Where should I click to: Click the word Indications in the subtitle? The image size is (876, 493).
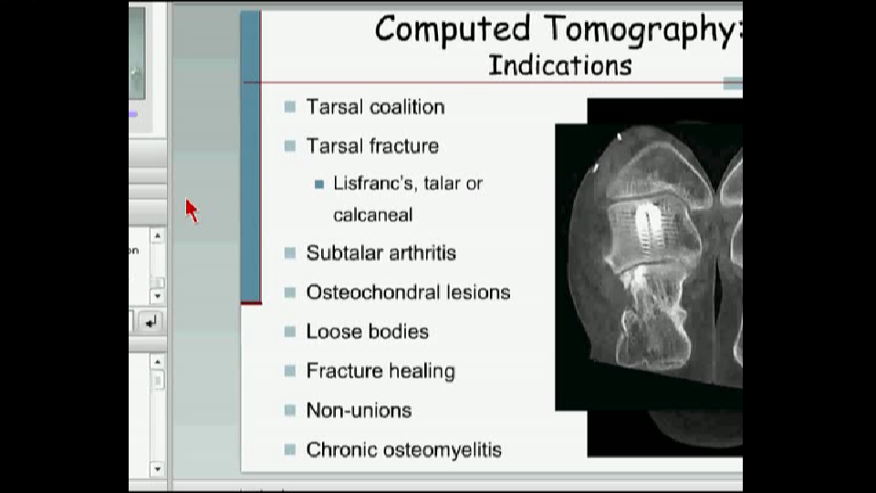coord(559,66)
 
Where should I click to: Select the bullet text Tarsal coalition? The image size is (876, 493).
coord(375,107)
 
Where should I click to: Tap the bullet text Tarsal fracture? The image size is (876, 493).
coord(372,146)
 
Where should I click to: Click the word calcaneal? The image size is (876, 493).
coord(372,215)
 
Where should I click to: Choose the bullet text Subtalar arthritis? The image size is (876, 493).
coord(381,253)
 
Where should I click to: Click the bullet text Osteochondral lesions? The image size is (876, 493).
coord(409,292)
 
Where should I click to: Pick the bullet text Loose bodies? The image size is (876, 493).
coord(367,331)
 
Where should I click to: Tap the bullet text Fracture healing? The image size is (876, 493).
coord(381,372)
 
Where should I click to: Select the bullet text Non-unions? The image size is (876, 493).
coord(359,410)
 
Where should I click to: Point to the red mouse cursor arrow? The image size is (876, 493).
coord(192,211)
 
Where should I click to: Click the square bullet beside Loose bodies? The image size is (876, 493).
coord(289,331)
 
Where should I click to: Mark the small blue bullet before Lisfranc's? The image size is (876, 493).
coord(319,184)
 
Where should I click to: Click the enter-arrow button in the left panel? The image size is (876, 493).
coord(150,322)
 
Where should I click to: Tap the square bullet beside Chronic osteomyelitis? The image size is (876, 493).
coord(289,449)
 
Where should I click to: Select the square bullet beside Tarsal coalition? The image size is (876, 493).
coord(289,106)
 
